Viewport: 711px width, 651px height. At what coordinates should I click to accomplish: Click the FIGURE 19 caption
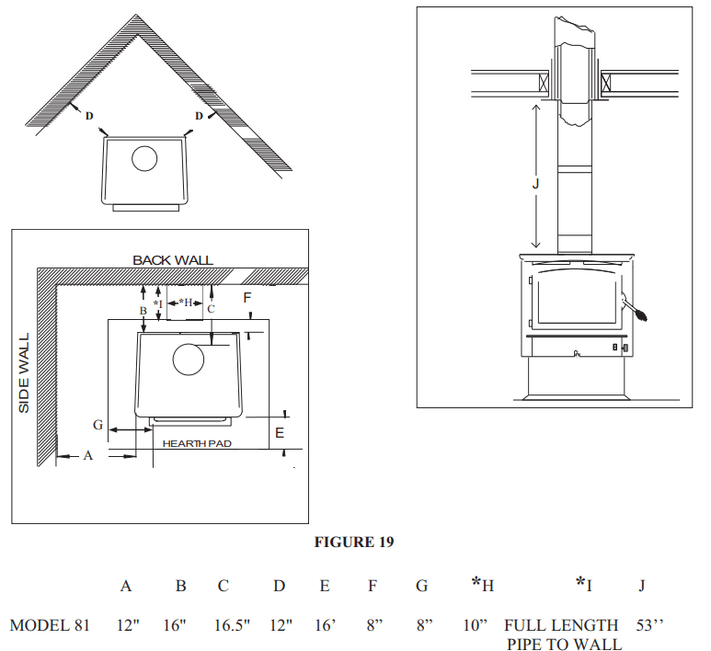pos(354,542)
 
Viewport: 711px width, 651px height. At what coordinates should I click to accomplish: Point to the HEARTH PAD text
pos(197,443)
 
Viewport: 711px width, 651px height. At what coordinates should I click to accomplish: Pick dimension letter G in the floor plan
pos(97,424)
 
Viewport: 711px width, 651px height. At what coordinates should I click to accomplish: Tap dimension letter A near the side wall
pos(88,455)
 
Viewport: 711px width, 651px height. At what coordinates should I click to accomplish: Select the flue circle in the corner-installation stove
pos(144,159)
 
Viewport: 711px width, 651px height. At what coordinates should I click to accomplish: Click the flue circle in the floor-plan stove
pos(189,359)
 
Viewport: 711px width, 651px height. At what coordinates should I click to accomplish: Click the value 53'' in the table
pos(649,625)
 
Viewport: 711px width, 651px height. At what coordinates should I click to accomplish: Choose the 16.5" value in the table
pos(233,625)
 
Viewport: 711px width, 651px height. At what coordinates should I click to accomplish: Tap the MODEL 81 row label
pos(50,625)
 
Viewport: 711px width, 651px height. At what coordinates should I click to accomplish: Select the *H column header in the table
pos(483,584)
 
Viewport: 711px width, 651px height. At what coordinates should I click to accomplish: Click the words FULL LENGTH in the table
pos(561,625)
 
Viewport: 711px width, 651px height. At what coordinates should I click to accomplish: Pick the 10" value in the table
pos(475,625)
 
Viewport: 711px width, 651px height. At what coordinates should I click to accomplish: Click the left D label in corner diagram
pos(89,116)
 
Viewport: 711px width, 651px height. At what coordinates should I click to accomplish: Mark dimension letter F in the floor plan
pos(247,297)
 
